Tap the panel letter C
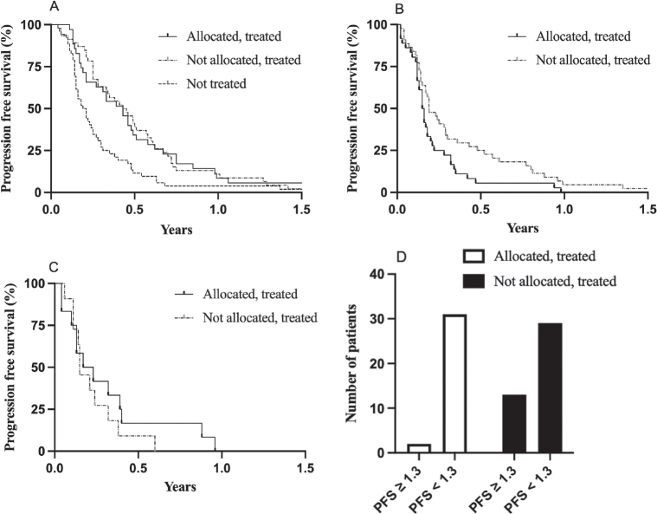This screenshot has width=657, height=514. pos(55,267)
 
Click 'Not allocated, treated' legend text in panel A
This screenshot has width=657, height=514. pos(242,60)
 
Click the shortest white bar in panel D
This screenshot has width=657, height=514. pos(418,448)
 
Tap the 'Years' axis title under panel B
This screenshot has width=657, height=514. pos(522,230)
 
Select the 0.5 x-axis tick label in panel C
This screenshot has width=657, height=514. pos(137,468)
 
